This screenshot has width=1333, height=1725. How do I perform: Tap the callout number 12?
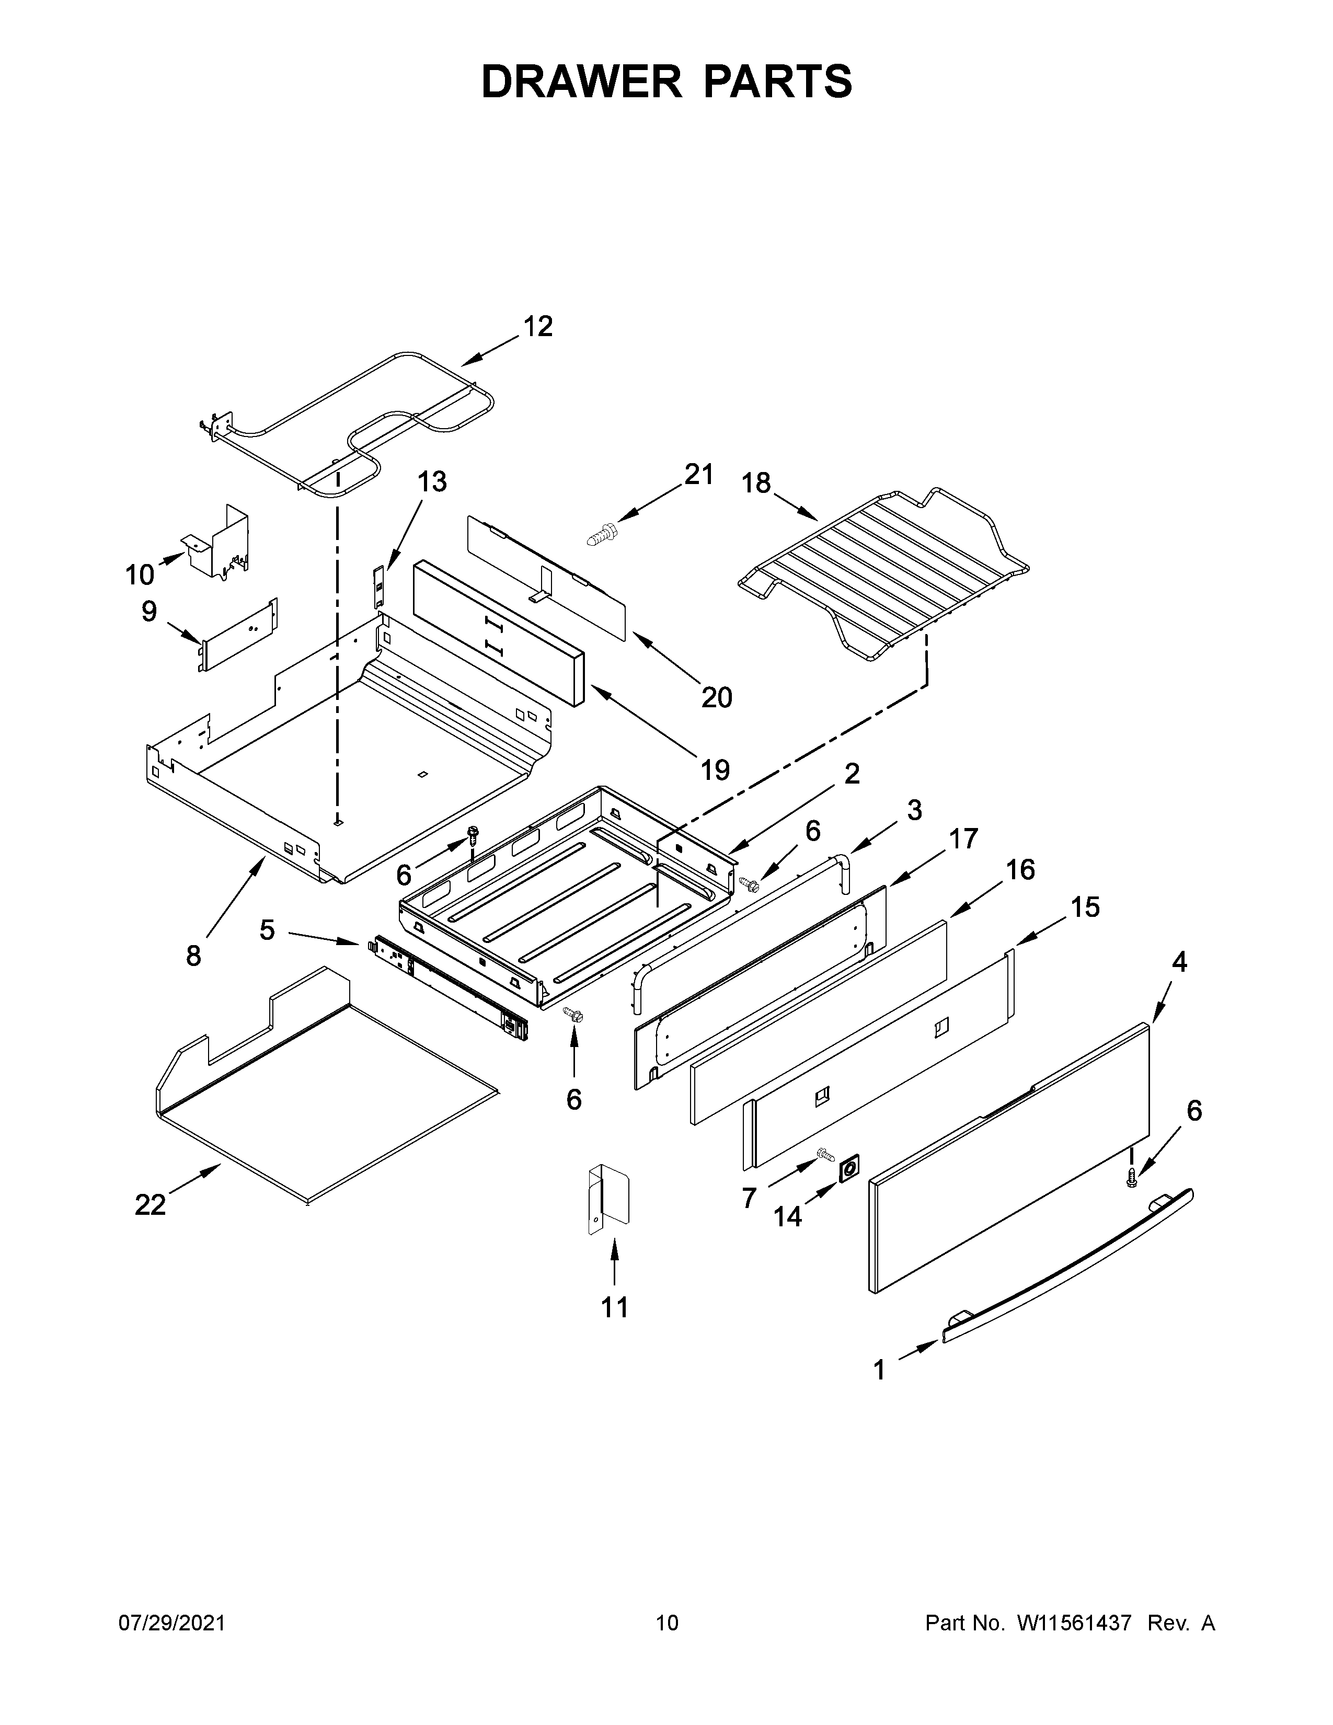coord(538,326)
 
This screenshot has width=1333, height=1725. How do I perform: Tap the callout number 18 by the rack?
coord(756,482)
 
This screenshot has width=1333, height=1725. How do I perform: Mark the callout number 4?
coord(1178,961)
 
